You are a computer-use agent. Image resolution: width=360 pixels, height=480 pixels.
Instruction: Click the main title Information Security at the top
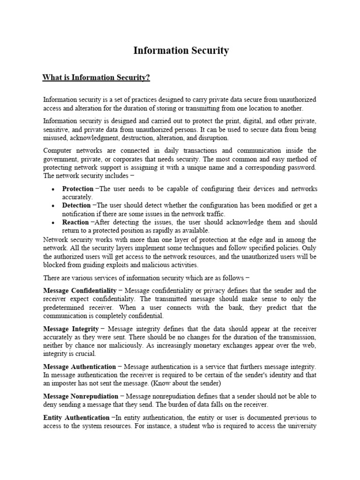[181, 51]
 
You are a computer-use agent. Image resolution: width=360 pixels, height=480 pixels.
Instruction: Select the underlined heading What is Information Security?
[97, 77]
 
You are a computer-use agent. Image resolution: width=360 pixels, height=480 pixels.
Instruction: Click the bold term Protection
[78, 189]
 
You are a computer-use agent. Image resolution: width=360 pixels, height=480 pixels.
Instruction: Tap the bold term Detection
[77, 206]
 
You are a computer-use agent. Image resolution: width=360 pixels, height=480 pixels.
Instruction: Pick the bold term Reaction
[75, 222]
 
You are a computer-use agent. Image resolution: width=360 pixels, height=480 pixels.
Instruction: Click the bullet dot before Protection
[53, 189]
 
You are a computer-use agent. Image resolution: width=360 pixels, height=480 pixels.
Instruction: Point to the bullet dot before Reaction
[53, 223]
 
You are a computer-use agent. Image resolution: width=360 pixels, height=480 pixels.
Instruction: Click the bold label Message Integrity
[71, 329]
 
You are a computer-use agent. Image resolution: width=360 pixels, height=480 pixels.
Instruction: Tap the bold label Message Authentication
[79, 367]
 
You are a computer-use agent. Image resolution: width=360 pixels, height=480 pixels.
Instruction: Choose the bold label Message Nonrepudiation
[81, 396]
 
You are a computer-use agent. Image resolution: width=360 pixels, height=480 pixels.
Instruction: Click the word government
[60, 159]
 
